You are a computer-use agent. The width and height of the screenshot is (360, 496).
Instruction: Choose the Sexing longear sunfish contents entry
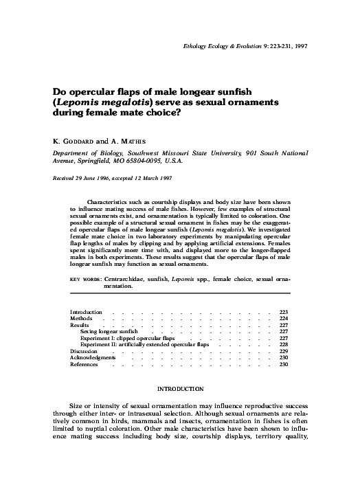coord(109,331)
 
